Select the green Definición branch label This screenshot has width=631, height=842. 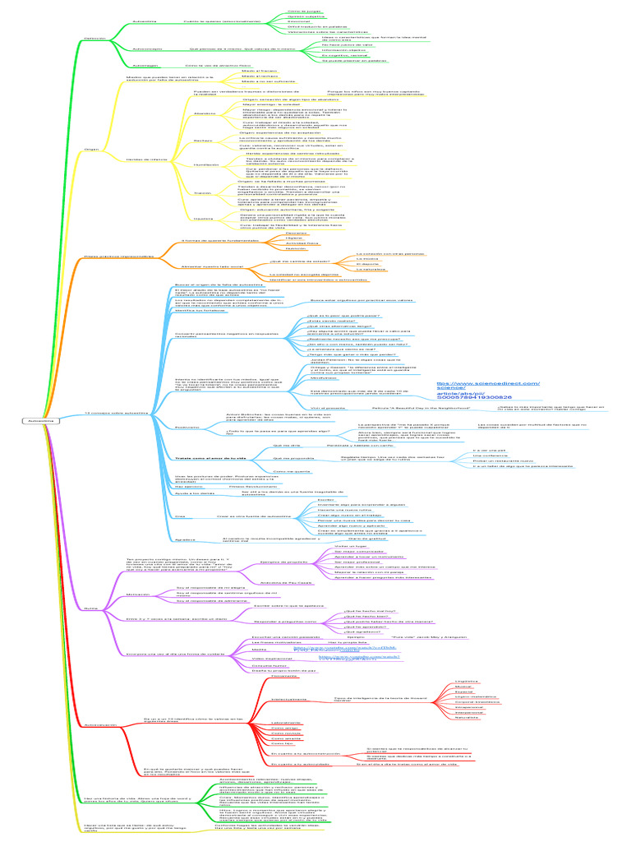click(95, 38)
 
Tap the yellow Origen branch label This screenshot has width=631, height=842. click(92, 150)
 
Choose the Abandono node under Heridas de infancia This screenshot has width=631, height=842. click(205, 113)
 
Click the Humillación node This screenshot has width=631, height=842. click(206, 164)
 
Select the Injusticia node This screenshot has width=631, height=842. click(203, 219)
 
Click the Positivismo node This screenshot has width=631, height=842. click(187, 428)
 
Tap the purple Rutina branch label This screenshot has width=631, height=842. click(92, 608)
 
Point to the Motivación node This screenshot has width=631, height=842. click(137, 594)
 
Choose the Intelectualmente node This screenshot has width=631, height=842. click(289, 699)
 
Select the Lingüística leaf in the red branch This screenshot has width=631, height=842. click(466, 682)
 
